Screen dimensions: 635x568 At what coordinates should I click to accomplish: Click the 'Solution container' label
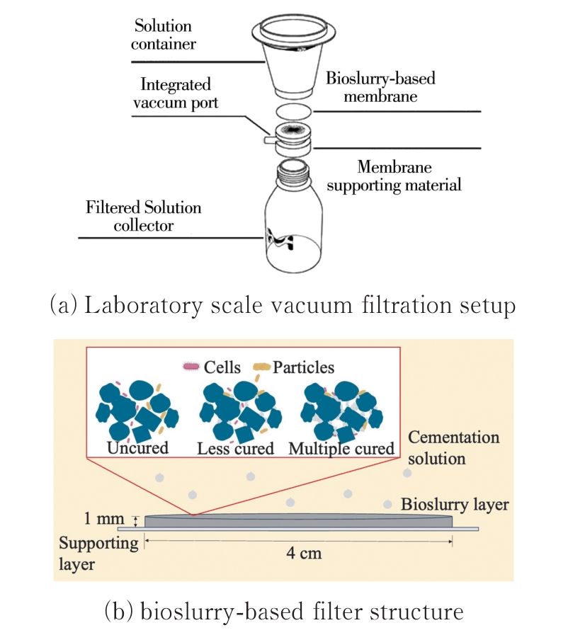click(x=164, y=35)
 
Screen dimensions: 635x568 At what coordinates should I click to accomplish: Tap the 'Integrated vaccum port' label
click(x=176, y=93)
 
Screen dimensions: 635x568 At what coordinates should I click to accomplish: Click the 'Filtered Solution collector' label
click(x=144, y=217)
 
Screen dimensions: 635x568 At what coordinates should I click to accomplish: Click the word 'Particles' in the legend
click(x=303, y=367)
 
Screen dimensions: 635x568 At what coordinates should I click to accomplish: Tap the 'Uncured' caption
click(x=138, y=448)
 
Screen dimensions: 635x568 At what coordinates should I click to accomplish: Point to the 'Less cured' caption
click(x=235, y=449)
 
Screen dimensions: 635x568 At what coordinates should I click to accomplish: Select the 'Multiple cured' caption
click(x=342, y=449)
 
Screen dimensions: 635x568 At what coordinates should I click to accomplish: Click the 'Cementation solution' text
click(x=453, y=447)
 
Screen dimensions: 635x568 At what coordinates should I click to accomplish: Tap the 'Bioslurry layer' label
click(x=455, y=505)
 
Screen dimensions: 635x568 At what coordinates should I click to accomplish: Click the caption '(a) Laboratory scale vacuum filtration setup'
click(x=283, y=306)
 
